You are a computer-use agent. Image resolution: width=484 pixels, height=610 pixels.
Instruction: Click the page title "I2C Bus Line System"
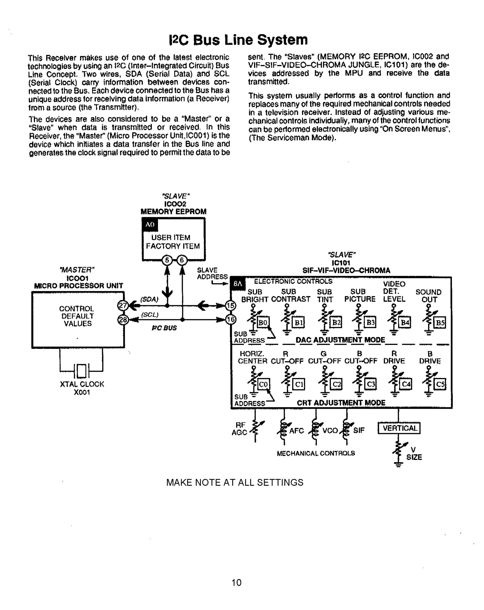pos(238,40)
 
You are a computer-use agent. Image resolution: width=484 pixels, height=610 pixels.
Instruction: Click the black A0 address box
pos(150,225)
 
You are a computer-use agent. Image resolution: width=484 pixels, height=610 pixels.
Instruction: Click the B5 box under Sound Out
pos(440,323)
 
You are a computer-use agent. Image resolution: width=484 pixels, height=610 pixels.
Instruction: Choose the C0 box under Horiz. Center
pos(263,384)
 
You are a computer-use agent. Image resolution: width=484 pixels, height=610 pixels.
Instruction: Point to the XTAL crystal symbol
pos(81,371)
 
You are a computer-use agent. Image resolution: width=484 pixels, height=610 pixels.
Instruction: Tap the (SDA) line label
pos(149,299)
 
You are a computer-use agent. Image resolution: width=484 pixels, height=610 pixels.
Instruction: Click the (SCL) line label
pos(149,315)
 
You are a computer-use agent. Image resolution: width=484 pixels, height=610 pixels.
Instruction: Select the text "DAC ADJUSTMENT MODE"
pos(340,340)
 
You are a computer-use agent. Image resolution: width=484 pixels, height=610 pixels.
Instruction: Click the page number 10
pos(236,583)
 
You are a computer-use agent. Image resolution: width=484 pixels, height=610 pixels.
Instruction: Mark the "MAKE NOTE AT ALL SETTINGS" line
pos(235,482)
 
